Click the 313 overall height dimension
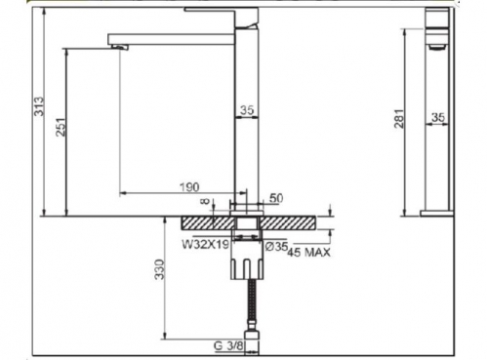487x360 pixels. [x=39, y=106]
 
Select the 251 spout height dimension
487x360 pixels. [x=61, y=127]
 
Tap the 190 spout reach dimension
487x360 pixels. [x=189, y=187]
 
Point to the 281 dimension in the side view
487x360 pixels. [x=399, y=119]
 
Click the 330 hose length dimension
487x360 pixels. [x=160, y=269]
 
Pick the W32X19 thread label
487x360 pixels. [x=206, y=245]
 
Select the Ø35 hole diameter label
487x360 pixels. [x=276, y=247]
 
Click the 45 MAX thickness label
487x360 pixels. [x=308, y=253]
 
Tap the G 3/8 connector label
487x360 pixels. [x=228, y=346]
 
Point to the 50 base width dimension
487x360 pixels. [x=276, y=198]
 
